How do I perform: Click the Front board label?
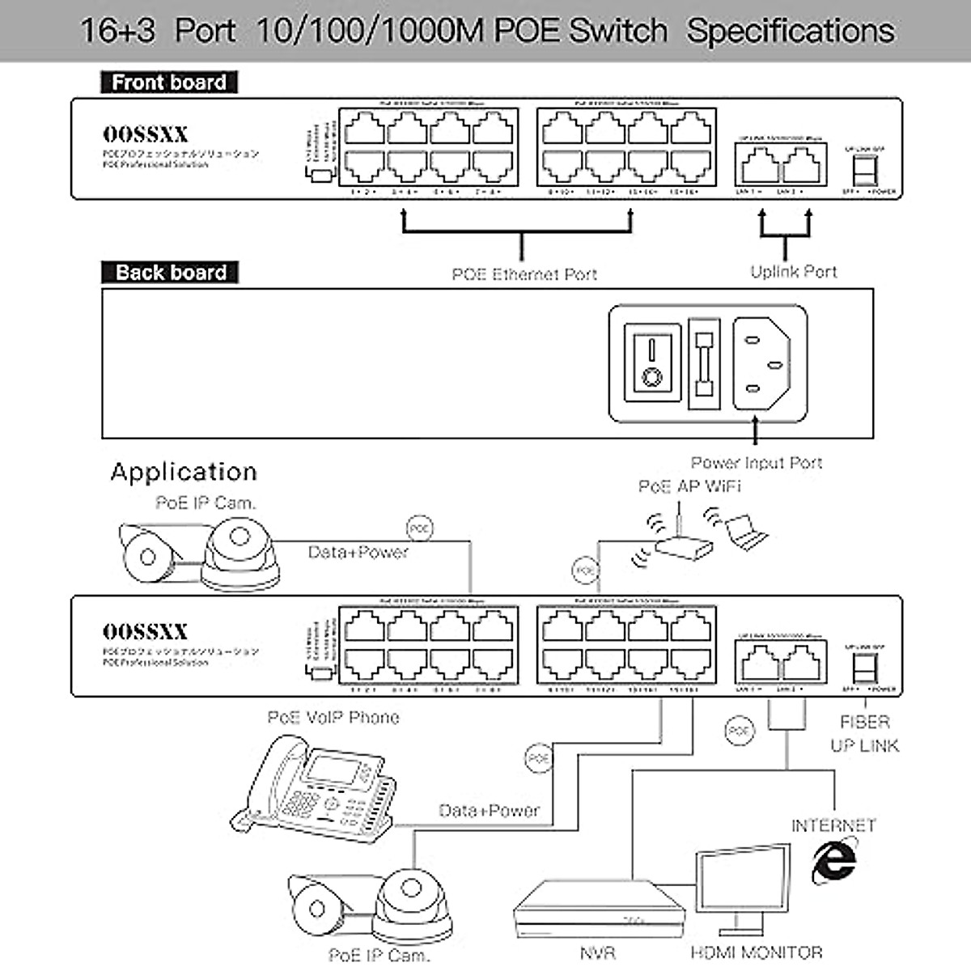click(168, 83)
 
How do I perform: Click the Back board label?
click(170, 273)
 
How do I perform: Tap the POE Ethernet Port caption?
click(524, 274)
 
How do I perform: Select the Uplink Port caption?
click(793, 272)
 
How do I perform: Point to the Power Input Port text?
click(756, 463)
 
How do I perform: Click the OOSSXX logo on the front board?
click(145, 134)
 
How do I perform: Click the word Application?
click(184, 473)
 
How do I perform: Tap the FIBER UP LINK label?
click(864, 733)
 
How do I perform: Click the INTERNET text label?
click(833, 825)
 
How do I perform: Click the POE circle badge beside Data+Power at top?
click(419, 528)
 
